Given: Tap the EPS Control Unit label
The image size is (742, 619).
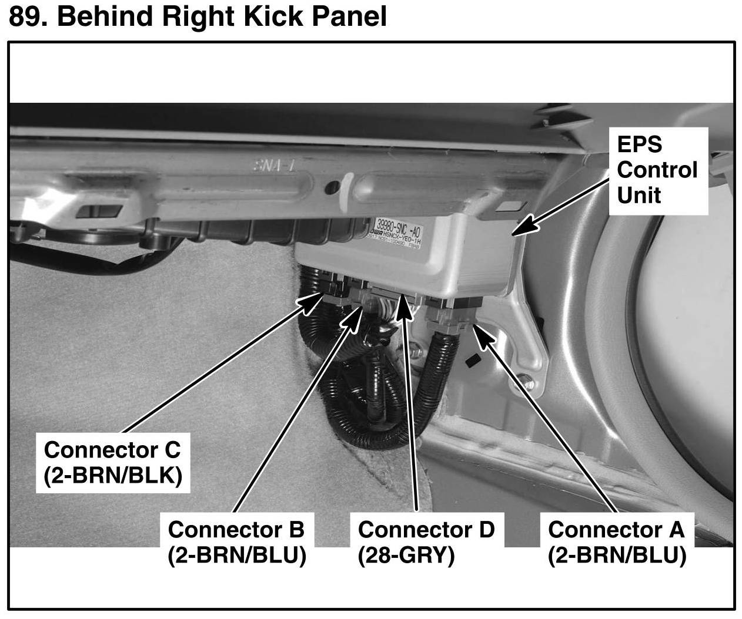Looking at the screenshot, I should point(657,170).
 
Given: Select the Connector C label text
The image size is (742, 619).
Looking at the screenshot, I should point(112,450).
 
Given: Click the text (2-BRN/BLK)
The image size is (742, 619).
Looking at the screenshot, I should point(112,476).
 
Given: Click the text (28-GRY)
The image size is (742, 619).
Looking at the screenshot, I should point(406,555).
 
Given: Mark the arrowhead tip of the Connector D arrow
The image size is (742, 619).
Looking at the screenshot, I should point(402,299).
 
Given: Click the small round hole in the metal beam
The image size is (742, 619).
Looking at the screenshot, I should point(332,189).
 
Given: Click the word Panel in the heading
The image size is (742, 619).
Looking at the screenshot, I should point(349,16).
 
